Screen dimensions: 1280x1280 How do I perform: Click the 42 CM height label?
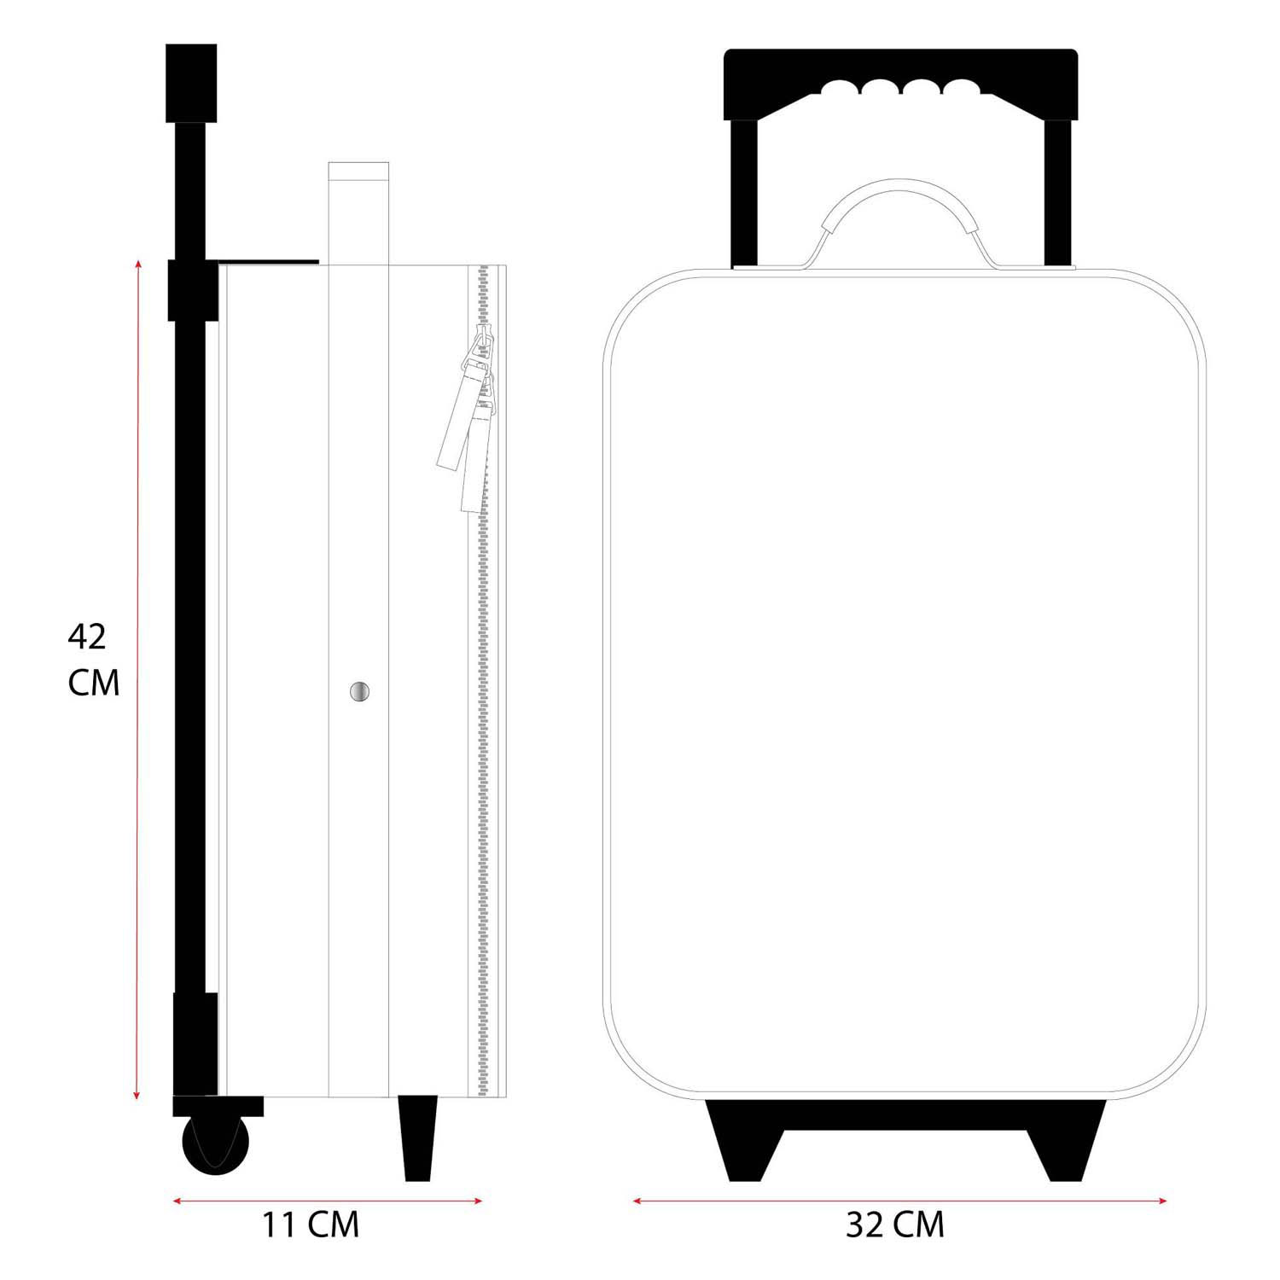[92, 660]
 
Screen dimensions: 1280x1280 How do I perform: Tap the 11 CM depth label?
[310, 1225]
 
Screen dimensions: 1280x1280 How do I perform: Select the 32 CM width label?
[895, 1225]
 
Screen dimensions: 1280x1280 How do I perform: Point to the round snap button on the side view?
[360, 692]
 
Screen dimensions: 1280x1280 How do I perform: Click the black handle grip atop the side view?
[190, 83]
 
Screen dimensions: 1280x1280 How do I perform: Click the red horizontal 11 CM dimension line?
[328, 1201]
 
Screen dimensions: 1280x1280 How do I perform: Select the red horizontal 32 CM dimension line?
[900, 1201]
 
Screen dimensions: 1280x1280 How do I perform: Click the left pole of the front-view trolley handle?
[744, 192]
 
